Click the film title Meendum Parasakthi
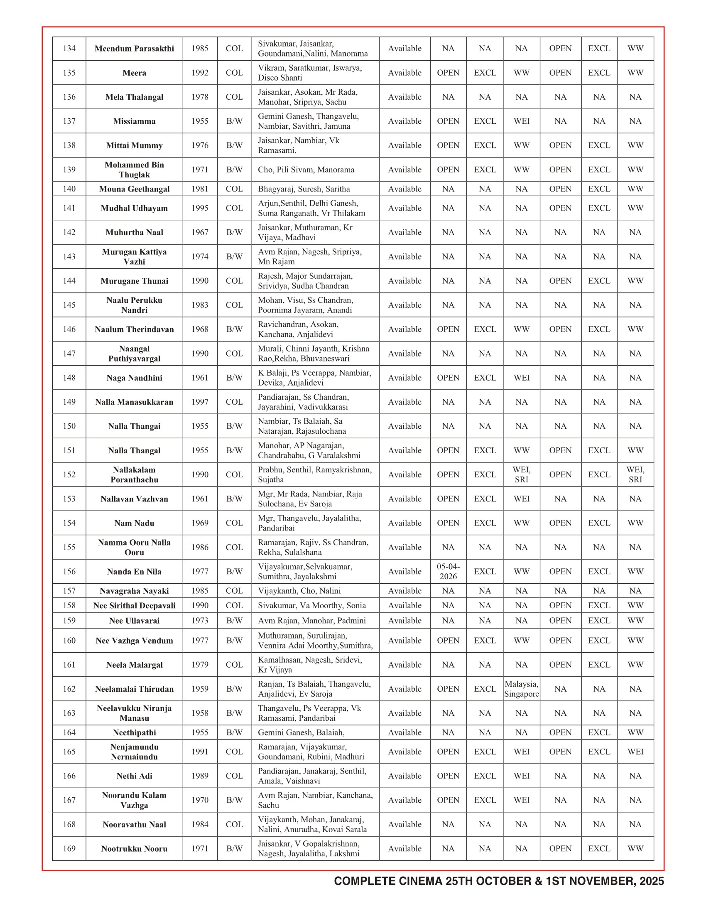(x=134, y=49)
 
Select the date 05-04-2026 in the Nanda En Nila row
(x=448, y=571)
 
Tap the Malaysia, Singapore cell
(x=521, y=689)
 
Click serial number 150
(x=69, y=426)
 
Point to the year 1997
(x=200, y=402)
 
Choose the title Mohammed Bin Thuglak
(x=134, y=170)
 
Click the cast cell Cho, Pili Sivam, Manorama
(x=306, y=170)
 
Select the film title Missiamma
(x=134, y=121)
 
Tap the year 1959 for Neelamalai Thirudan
(x=200, y=689)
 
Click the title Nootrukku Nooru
(x=134, y=849)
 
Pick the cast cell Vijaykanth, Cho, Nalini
(x=299, y=590)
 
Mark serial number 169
(x=69, y=848)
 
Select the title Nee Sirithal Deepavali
(x=134, y=606)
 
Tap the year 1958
(x=200, y=713)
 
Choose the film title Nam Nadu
(x=134, y=523)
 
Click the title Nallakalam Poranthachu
(x=134, y=474)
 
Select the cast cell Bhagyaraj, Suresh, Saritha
(x=304, y=189)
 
